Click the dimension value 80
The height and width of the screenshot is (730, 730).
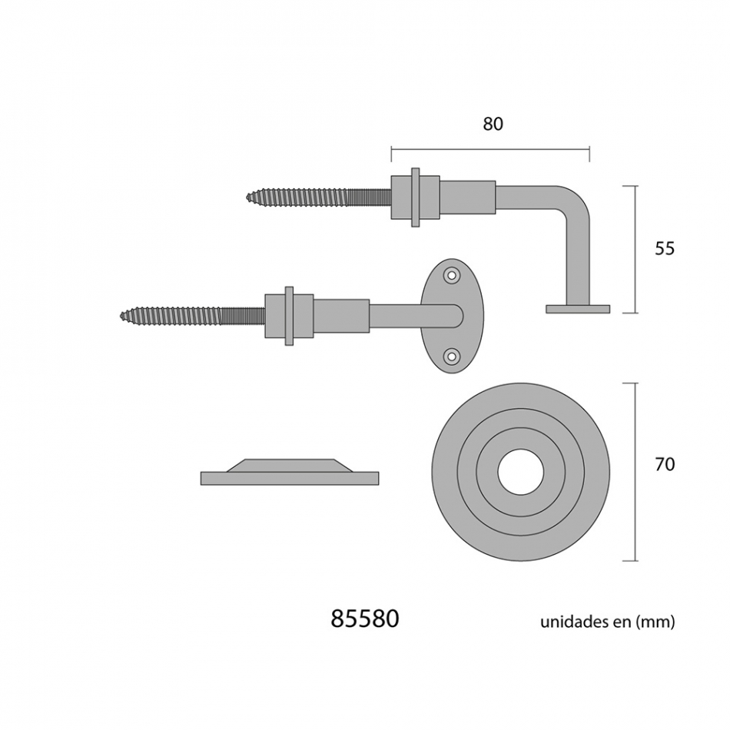tap(493, 124)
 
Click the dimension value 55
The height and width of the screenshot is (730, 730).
tap(665, 248)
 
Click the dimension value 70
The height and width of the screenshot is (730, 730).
tap(665, 464)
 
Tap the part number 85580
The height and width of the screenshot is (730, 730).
tap(365, 619)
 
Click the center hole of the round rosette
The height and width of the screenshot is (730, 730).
tap(520, 471)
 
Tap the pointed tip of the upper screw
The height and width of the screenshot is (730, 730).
tap(248, 197)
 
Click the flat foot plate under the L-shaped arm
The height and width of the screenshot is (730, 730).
tap(578, 309)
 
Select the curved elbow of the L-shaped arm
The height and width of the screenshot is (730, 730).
tap(575, 198)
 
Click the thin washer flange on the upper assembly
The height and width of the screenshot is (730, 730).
tap(416, 197)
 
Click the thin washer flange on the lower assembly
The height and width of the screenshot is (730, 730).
tap(289, 315)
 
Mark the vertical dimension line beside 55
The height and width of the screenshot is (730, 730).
tap(635, 249)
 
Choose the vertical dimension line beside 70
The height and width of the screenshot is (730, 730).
tap(635, 471)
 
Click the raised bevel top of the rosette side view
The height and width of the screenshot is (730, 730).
tap(290, 465)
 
